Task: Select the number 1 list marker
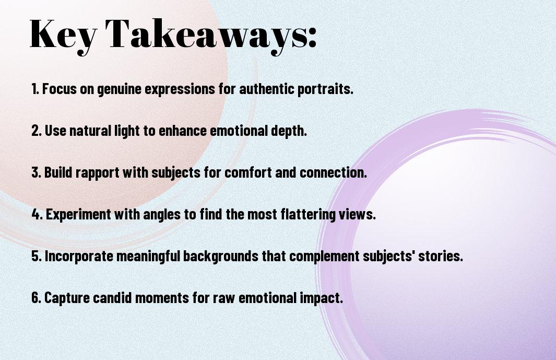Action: [35, 89]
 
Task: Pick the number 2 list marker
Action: [36, 131]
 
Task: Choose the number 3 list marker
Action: [36, 172]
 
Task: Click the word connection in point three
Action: [333, 172]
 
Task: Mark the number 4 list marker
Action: [37, 214]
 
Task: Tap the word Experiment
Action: [78, 215]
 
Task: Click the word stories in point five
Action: [441, 256]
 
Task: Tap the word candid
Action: [112, 297]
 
